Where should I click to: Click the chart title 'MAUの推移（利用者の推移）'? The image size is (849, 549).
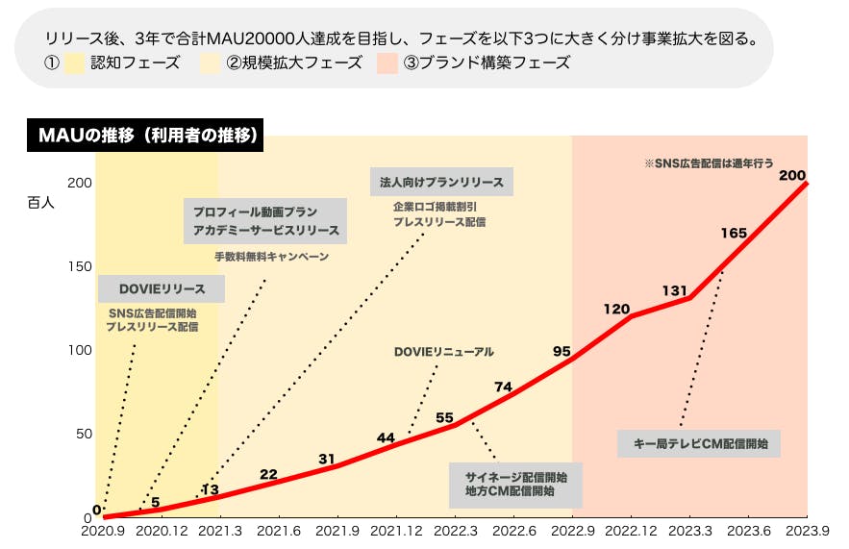[x=144, y=137]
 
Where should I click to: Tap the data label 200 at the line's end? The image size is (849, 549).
[x=791, y=175]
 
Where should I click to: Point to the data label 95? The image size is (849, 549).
[x=562, y=351]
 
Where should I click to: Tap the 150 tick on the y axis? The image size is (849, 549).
[x=80, y=266]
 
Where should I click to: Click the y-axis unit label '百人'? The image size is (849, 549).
[x=40, y=203]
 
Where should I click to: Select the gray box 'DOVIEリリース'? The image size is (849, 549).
[x=162, y=288]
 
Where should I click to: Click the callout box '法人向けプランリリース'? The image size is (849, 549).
[x=441, y=181]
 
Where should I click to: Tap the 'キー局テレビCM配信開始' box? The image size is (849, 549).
[x=699, y=443]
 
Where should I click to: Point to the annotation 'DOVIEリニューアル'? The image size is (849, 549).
[x=443, y=352]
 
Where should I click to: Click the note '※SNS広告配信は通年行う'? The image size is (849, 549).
[x=709, y=164]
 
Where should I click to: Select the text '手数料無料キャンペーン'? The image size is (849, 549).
[x=271, y=257]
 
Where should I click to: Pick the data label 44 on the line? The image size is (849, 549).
[x=386, y=437]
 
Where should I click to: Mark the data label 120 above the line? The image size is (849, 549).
[x=616, y=309]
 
